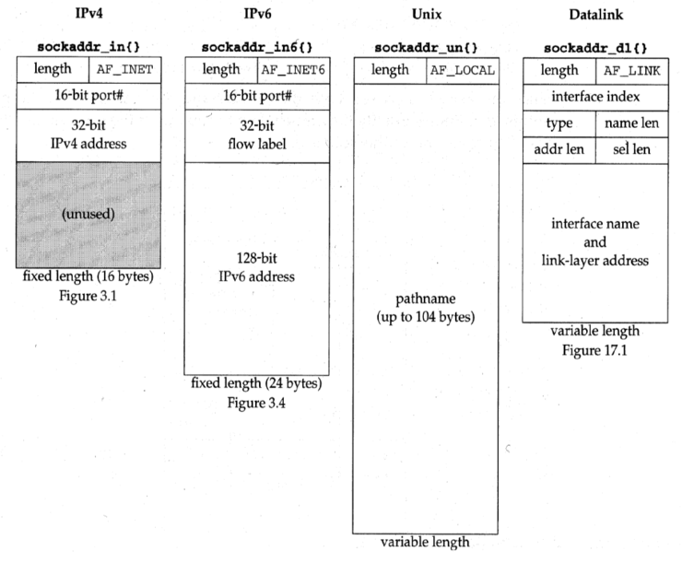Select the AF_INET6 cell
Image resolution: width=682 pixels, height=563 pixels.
pos(293,69)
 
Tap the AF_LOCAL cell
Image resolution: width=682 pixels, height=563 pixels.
pos(462,69)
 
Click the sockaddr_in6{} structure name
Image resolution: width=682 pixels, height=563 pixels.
pos(257,46)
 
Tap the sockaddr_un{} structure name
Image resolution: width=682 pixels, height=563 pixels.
pos(426,46)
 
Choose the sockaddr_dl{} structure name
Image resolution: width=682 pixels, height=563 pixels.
pos(594,46)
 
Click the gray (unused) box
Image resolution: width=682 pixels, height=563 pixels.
pos(88,216)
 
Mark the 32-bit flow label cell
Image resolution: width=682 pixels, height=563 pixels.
pos(257,135)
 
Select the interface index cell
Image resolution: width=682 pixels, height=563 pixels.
pos(594,97)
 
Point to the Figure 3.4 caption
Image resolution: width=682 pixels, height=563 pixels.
pos(257,402)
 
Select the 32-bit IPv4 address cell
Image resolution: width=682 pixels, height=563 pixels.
pos(88,135)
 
